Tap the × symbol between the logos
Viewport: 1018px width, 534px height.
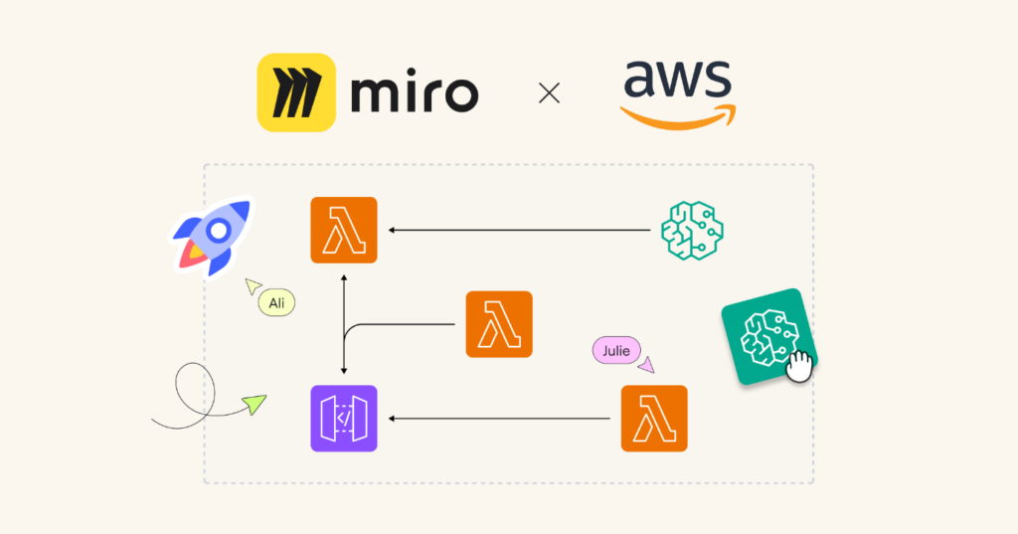coord(549,93)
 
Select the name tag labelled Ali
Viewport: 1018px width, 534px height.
coord(277,302)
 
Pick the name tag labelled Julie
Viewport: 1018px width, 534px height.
coord(616,350)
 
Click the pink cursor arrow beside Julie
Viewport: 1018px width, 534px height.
coord(647,365)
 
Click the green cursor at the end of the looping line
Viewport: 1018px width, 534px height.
coord(255,404)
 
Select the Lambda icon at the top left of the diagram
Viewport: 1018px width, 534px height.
coord(343,230)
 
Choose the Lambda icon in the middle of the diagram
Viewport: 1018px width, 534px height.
coord(499,324)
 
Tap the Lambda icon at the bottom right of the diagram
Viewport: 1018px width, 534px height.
coord(654,419)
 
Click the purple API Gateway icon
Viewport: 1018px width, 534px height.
coord(343,419)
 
